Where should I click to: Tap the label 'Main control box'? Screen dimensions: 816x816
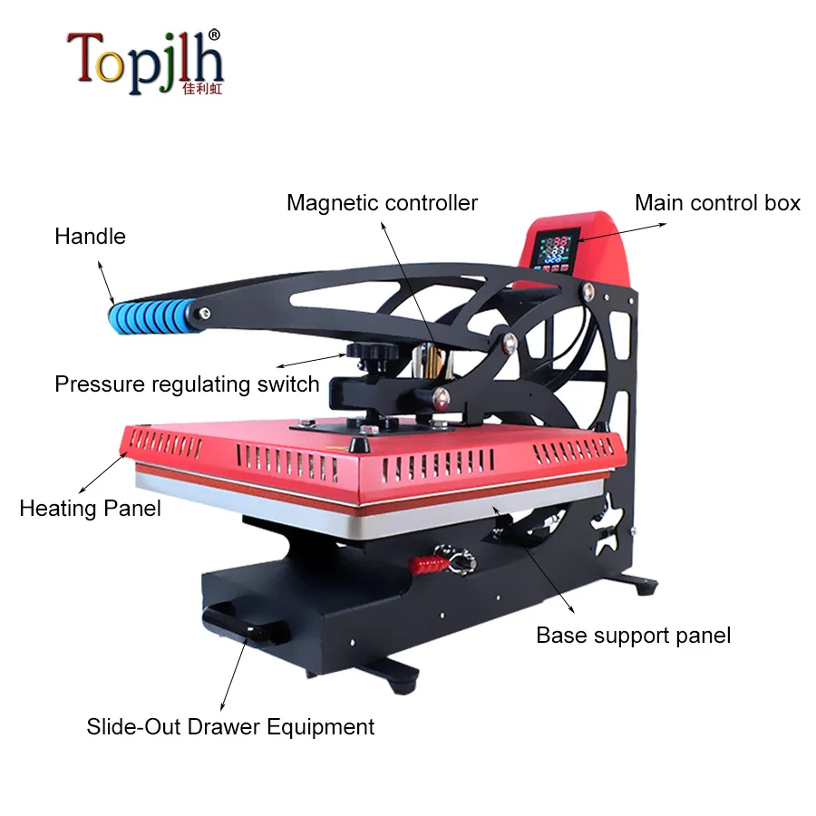(x=717, y=202)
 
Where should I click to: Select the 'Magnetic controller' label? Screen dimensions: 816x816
(x=382, y=202)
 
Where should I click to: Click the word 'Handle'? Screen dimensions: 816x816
(x=90, y=237)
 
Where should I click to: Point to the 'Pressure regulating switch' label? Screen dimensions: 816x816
(x=187, y=384)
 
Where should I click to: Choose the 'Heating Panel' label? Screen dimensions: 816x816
(x=90, y=508)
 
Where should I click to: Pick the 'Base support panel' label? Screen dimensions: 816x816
(x=633, y=635)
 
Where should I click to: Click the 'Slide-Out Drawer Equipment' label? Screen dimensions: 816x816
(x=230, y=726)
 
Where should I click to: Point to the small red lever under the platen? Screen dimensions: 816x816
(x=430, y=564)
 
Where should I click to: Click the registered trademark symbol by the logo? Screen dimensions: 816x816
(x=214, y=34)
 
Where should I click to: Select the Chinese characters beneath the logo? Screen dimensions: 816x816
(x=201, y=90)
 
